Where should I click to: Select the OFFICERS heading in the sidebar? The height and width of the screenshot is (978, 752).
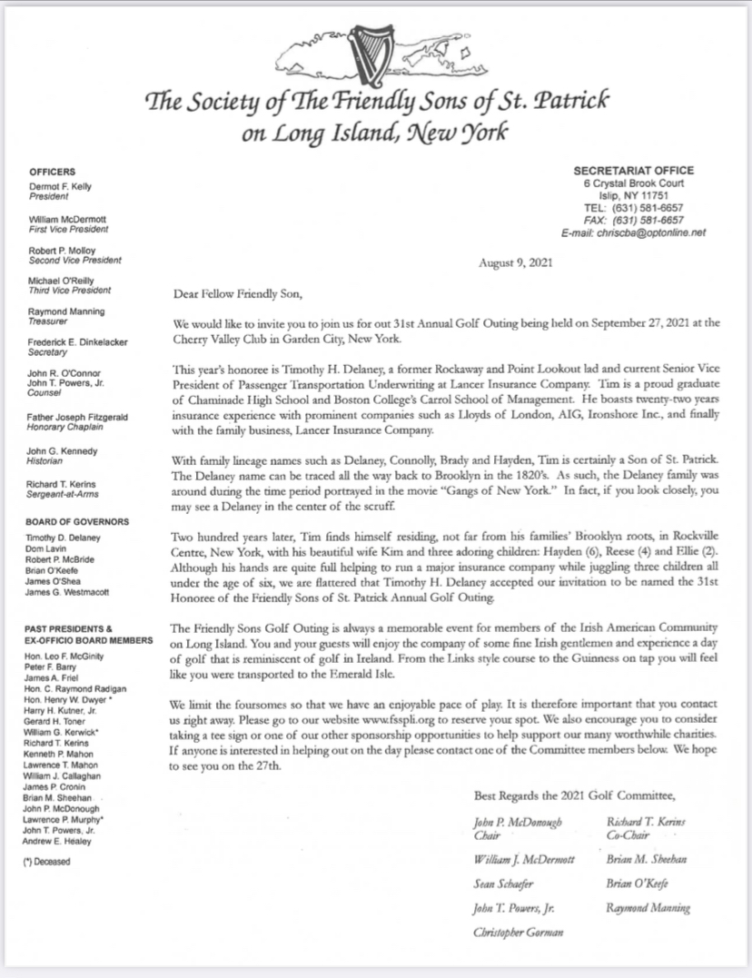[x=52, y=172]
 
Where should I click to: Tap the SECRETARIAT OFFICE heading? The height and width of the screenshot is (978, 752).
[x=633, y=170]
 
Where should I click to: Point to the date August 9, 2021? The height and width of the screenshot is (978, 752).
[x=513, y=263]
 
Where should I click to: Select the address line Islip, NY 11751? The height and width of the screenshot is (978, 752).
[x=633, y=195]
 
